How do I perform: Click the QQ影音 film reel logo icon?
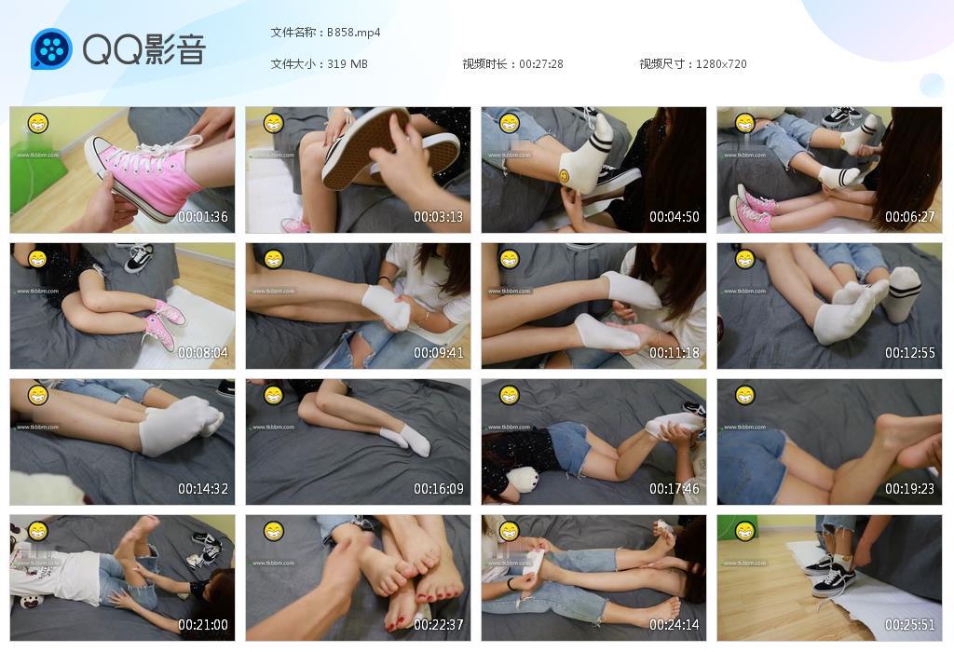tap(51, 48)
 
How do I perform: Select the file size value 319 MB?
tap(348, 64)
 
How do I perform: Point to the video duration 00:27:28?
tap(541, 64)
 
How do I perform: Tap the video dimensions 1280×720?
tap(721, 64)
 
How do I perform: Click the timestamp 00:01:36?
tap(203, 217)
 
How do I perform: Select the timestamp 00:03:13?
tap(439, 217)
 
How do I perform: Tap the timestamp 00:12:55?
tap(910, 353)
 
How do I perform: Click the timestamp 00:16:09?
tap(439, 489)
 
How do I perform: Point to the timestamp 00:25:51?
tap(910, 625)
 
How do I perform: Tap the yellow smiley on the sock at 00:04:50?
tap(565, 174)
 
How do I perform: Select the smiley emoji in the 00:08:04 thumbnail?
tap(37, 259)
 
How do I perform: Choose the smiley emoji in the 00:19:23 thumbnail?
tap(744, 395)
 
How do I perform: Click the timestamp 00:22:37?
tap(439, 625)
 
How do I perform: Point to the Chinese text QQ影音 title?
tap(144, 49)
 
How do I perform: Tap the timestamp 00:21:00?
tap(203, 625)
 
